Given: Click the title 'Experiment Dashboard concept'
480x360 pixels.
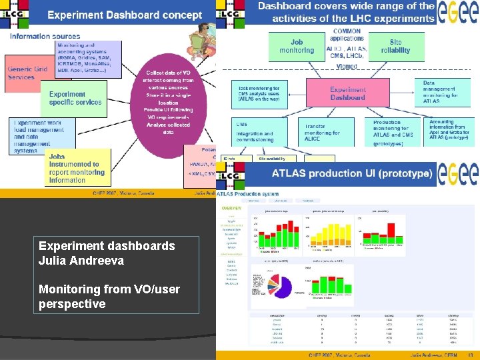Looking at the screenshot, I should [x=125, y=15].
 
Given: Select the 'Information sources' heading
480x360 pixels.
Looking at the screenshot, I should [x=45, y=36].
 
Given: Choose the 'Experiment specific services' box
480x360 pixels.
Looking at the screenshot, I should [x=75, y=98].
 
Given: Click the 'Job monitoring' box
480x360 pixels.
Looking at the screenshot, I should [x=297, y=46].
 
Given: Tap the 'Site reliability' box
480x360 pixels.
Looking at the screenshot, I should [x=396, y=46].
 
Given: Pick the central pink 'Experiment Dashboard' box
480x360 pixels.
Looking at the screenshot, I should [x=347, y=93].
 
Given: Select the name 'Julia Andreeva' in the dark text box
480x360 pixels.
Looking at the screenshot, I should [x=73, y=260].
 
